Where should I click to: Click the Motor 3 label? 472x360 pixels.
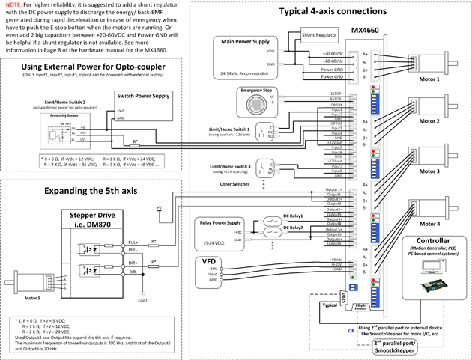click(429, 171)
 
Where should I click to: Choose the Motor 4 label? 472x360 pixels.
click(429, 222)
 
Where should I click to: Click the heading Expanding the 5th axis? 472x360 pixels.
click(90, 191)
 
